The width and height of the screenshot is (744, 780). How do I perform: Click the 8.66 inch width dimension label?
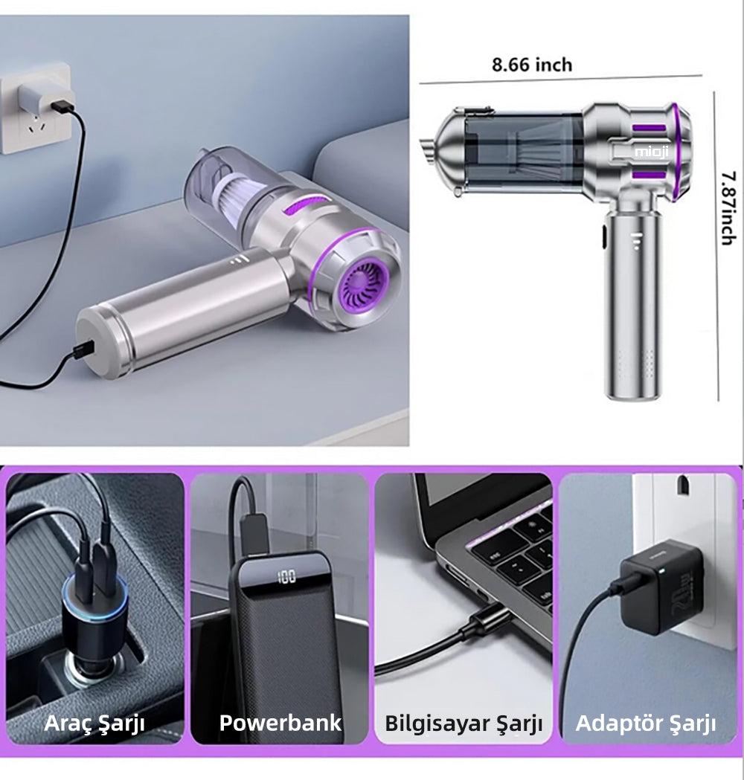[532, 65]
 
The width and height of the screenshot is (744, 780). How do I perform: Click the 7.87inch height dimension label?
[728, 208]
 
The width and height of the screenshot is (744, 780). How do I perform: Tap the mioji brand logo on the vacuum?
[652, 151]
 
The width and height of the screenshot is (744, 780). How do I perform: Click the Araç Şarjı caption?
[94, 723]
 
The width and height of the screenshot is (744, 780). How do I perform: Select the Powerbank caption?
[280, 722]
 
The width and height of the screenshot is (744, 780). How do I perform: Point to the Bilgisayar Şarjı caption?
[464, 723]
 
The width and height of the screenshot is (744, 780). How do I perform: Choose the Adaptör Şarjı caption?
[646, 723]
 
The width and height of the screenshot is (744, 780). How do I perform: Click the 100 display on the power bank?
[286, 577]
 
